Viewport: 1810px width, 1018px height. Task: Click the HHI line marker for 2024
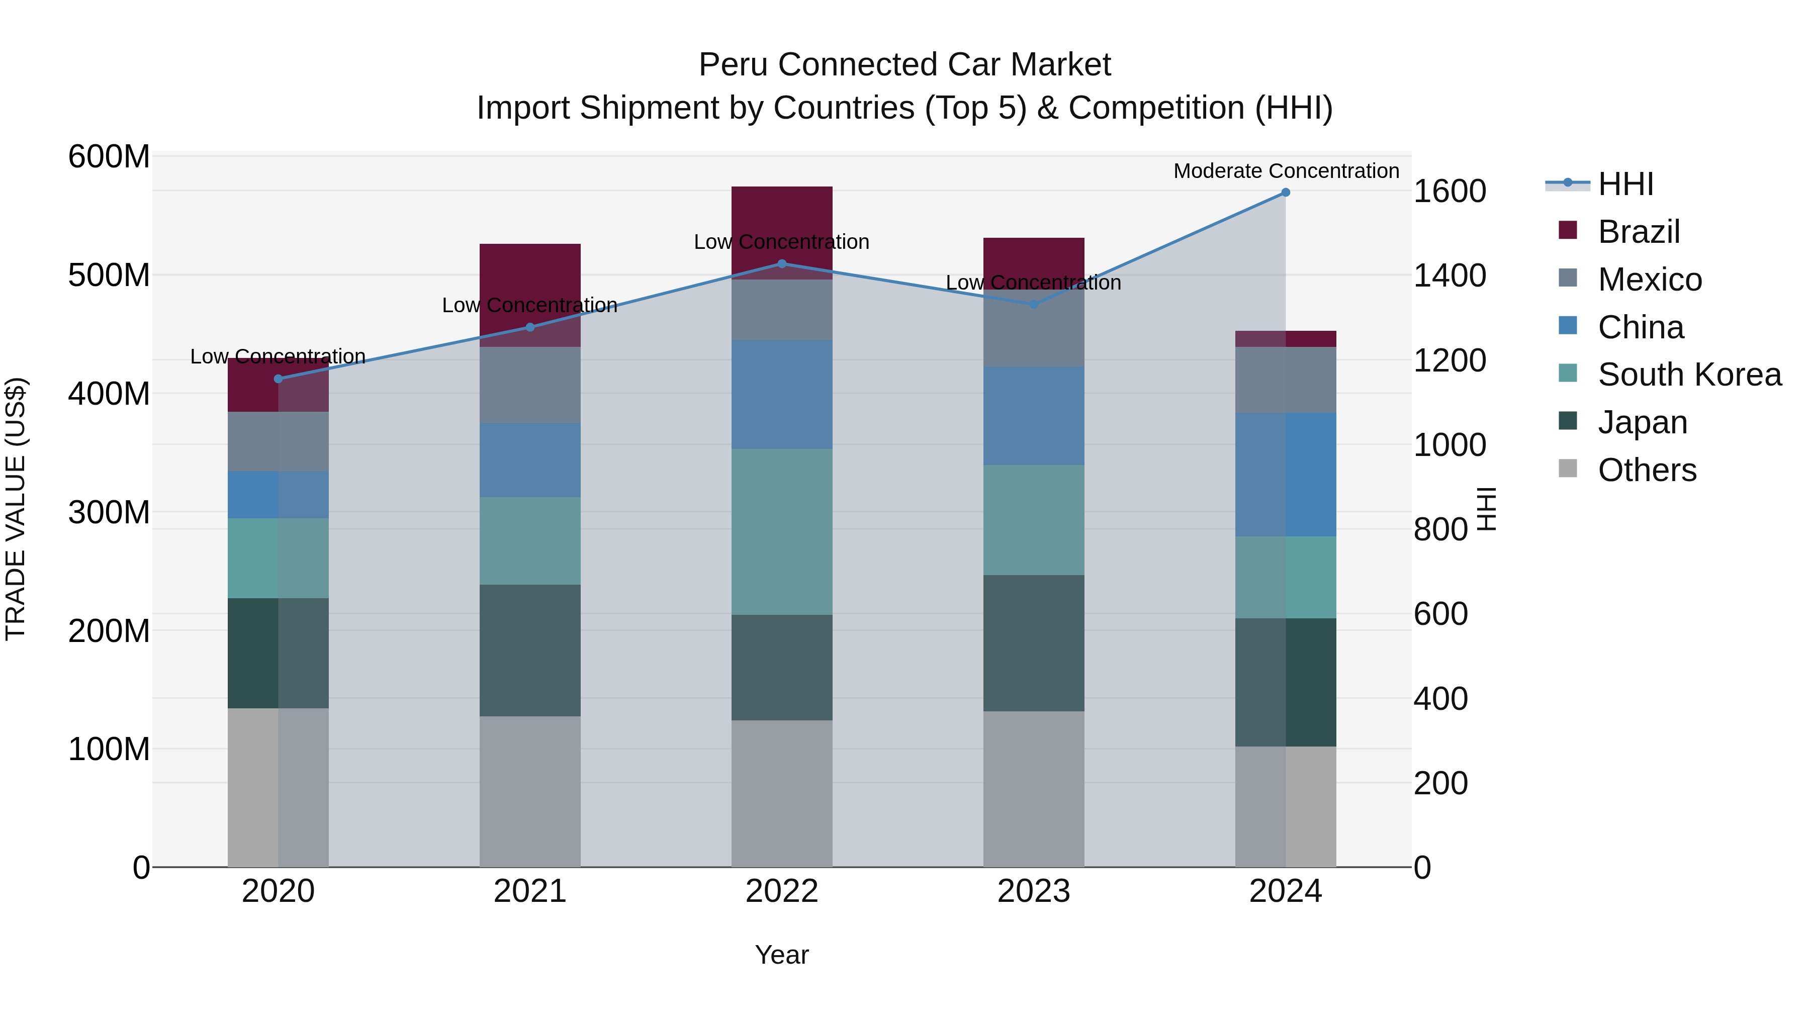pyautogui.click(x=1285, y=192)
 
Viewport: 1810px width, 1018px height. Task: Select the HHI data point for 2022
pyautogui.click(x=782, y=263)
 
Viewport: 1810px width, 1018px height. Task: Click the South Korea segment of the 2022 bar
pyautogui.click(x=781, y=531)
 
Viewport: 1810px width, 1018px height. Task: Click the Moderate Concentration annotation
pyautogui.click(x=1286, y=171)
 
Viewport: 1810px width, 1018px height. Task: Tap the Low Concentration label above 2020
pyautogui.click(x=278, y=356)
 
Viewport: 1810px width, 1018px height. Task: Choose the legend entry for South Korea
pyautogui.click(x=1689, y=375)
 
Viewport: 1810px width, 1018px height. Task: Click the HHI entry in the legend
pyautogui.click(x=1625, y=184)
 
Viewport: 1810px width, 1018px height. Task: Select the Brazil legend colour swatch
pyautogui.click(x=1568, y=230)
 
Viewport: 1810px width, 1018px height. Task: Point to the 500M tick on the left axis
pyautogui.click(x=109, y=274)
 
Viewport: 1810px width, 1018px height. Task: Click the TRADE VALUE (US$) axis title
pyautogui.click(x=16, y=509)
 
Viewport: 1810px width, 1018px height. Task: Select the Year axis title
pyautogui.click(x=781, y=955)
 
